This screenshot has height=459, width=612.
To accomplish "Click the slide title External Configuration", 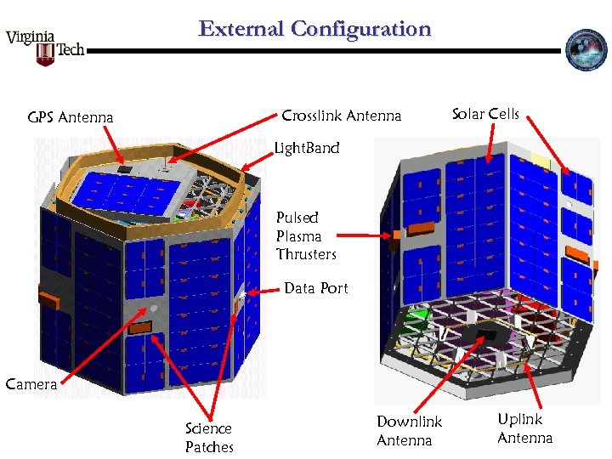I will click(314, 29).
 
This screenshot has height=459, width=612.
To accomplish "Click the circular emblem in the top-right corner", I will click(586, 50).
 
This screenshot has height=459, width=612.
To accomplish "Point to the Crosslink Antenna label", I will click(341, 116).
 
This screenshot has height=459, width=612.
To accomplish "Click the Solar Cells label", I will click(485, 114).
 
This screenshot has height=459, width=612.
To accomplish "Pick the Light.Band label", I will click(307, 149).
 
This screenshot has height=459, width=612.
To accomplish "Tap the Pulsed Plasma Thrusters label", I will click(306, 235).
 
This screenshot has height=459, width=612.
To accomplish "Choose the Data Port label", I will click(315, 288).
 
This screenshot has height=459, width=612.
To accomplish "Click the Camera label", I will click(31, 383).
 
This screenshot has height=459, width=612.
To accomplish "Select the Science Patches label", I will click(208, 438).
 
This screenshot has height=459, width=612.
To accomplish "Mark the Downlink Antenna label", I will click(410, 431).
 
